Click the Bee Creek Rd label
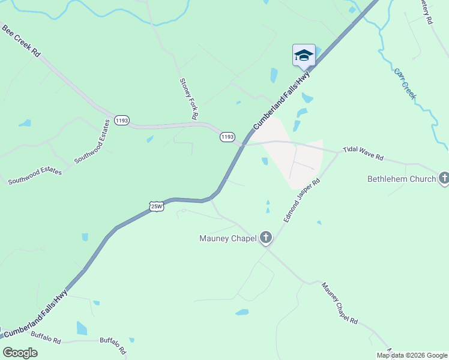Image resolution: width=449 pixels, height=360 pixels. [20, 41]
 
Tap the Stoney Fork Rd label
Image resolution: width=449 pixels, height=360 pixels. [188, 99]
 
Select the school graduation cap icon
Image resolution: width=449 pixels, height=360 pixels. [304, 56]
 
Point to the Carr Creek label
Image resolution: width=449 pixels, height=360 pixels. [405, 83]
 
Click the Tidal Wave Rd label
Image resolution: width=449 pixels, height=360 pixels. [363, 153]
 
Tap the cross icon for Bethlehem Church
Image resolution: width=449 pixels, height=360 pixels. [444, 178]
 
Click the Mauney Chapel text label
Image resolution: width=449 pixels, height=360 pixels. [228, 238]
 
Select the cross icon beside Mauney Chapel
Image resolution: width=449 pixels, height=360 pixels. [266, 238]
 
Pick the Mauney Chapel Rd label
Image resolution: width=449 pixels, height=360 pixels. [339, 304]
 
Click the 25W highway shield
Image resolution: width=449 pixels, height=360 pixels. [157, 206]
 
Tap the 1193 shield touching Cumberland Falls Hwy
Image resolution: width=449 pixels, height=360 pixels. [227, 137]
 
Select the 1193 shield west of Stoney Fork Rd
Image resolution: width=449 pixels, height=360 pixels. [122, 121]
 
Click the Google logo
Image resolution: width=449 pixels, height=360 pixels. [20, 353]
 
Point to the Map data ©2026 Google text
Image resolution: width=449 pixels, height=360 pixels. [412, 355]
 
